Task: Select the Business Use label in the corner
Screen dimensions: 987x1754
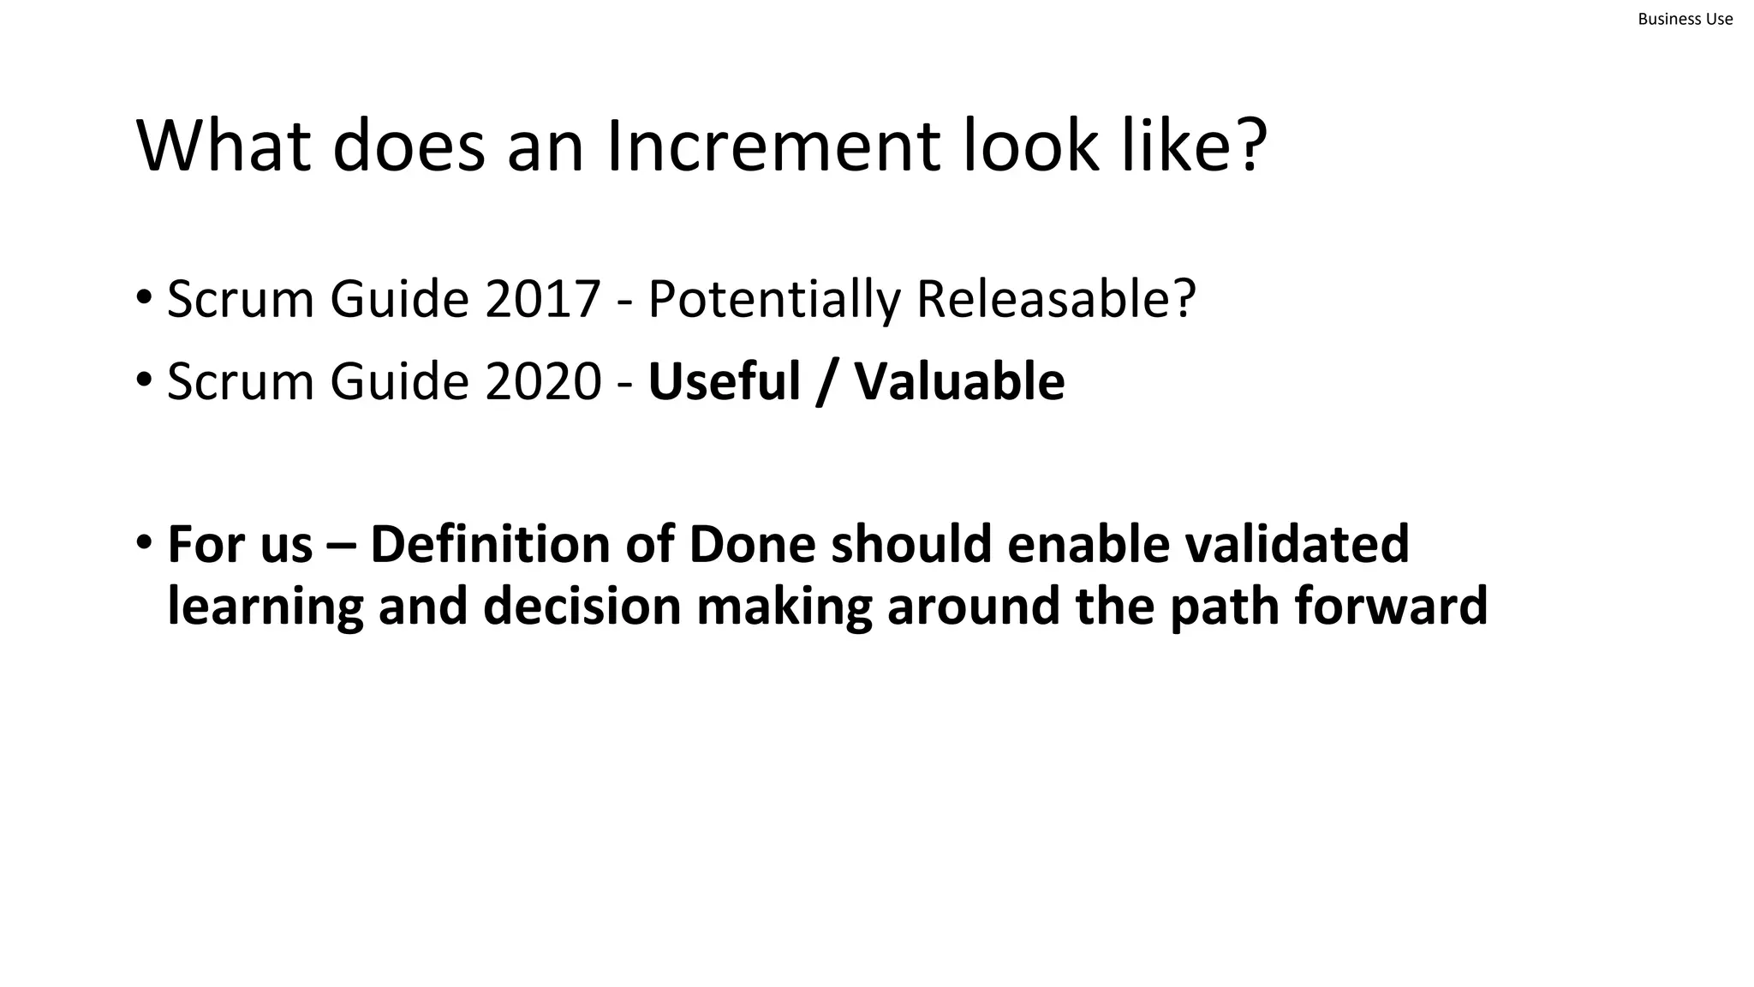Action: (x=1685, y=19)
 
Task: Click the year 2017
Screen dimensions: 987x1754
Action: (x=542, y=300)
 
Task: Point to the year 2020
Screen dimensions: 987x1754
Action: (x=543, y=381)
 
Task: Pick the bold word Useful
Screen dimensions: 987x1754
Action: (x=724, y=381)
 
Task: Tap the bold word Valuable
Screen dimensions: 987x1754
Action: (x=959, y=381)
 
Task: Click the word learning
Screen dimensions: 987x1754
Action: (x=265, y=607)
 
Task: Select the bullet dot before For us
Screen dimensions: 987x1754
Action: (x=144, y=542)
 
